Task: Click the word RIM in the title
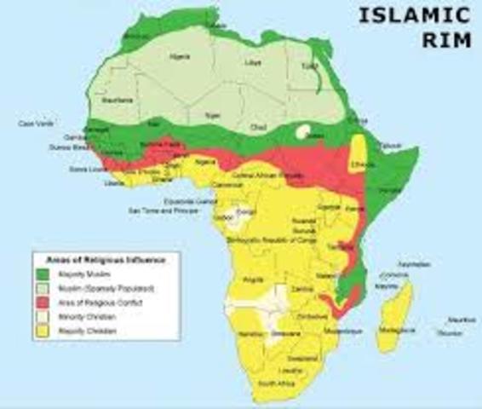point(445,40)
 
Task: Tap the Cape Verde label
point(32,124)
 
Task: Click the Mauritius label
point(460,320)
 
